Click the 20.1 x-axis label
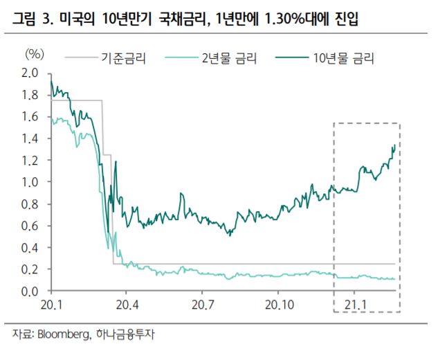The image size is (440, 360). tap(52, 305)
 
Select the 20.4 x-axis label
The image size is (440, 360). tap(127, 305)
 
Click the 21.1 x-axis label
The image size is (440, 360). tap(356, 305)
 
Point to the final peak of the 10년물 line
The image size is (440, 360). tap(394, 145)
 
